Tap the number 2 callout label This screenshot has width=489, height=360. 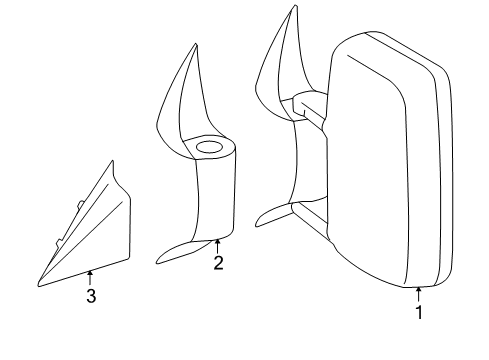217,264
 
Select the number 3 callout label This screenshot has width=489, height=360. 90,297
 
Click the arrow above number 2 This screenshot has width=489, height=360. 217,246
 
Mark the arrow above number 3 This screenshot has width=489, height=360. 90,278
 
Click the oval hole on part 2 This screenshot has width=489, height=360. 210,149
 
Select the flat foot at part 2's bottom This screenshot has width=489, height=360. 186,252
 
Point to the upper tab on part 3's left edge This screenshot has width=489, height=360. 79,208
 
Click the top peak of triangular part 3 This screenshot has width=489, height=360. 112,164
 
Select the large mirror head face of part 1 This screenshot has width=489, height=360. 370,160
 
